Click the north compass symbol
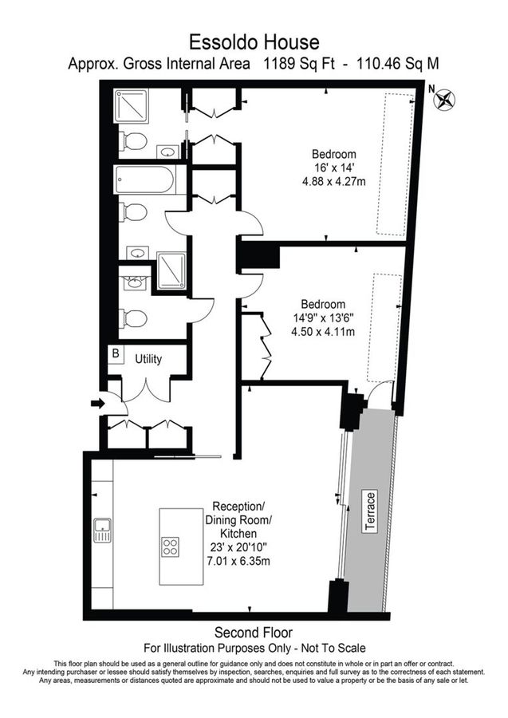[445, 100]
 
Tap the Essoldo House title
[254, 41]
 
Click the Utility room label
[148, 359]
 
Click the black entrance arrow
[98, 404]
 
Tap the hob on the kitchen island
[170, 546]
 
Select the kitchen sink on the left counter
[102, 530]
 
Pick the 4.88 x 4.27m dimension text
[334, 181]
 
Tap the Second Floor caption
[254, 631]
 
